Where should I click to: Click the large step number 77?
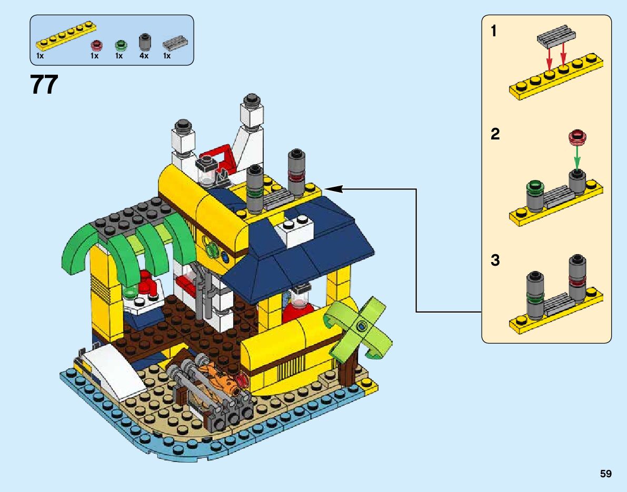tap(44, 85)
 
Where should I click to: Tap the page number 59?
tap(605, 474)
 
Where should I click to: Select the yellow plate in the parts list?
tap(66, 35)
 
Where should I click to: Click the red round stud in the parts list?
tap(95, 44)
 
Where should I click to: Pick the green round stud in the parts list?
tap(120, 44)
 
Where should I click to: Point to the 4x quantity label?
tap(144, 55)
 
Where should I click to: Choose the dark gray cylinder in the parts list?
tap(144, 42)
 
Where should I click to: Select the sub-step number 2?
tap(495, 134)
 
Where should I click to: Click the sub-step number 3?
tap(495, 260)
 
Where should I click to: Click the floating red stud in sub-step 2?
tap(578, 137)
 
